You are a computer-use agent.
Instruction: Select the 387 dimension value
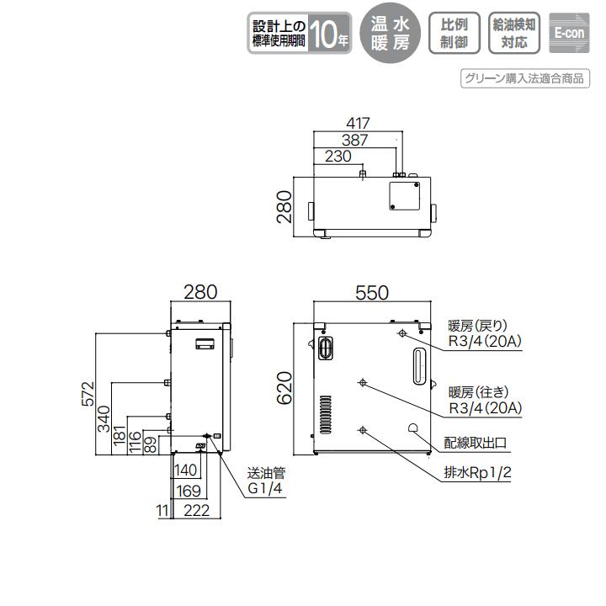click(x=355, y=140)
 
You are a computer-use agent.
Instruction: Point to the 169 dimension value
click(x=189, y=490)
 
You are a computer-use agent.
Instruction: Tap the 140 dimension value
click(x=187, y=470)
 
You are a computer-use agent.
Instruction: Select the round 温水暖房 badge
click(x=390, y=34)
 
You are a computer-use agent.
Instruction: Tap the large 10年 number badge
click(x=329, y=35)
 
